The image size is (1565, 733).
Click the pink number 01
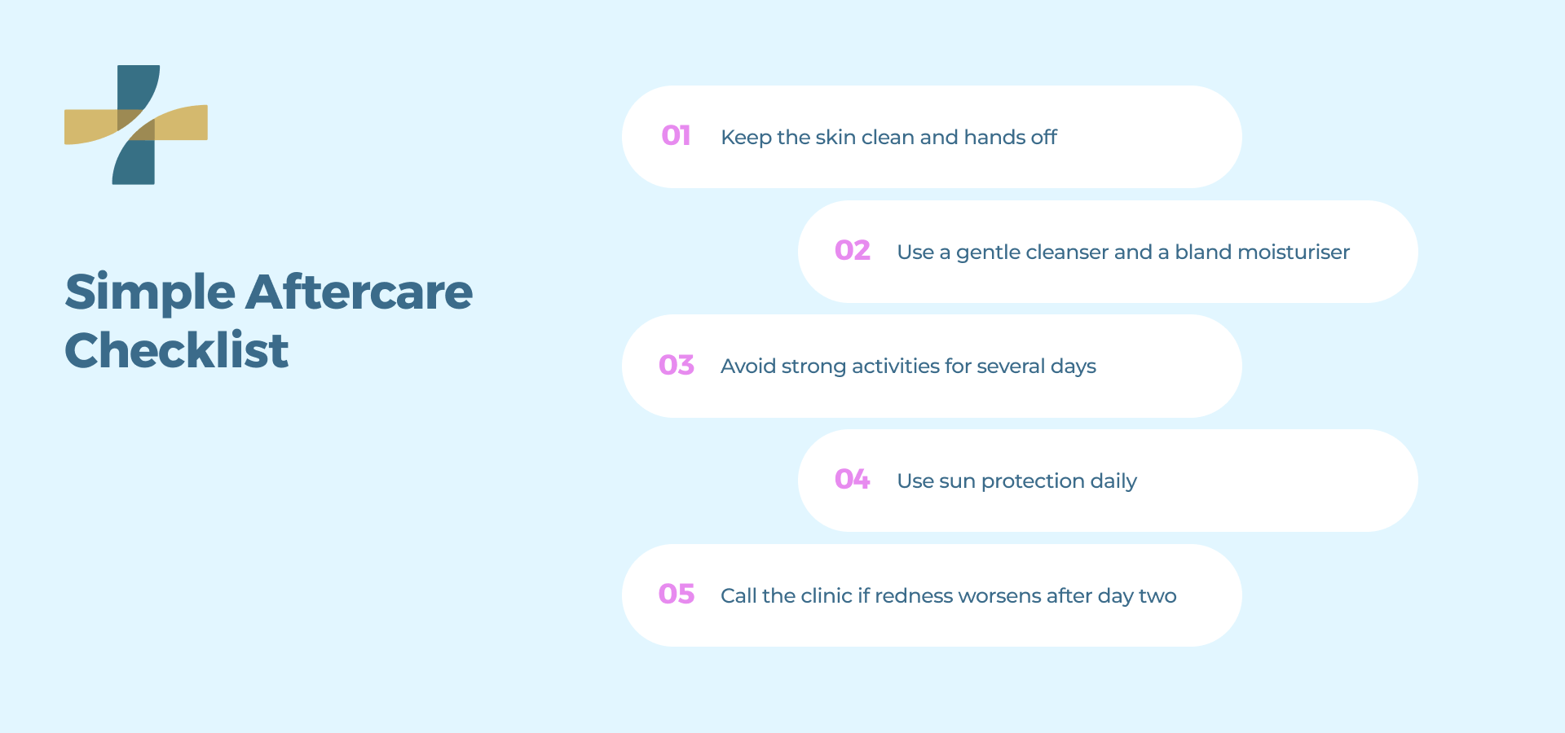[676, 135]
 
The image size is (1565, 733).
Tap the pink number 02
[852, 250]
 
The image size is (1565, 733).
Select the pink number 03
[676, 365]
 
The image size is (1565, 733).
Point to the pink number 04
[852, 479]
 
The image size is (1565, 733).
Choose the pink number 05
[676, 594]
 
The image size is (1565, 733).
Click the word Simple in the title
[150, 293]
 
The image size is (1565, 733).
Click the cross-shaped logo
[136, 125]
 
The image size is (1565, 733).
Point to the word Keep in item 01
[745, 138]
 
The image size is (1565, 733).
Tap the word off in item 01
[1043, 137]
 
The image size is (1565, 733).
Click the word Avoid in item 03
[747, 366]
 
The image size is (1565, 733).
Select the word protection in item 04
[1033, 481]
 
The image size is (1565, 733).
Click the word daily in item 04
[1113, 481]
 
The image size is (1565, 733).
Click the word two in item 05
[1157, 596]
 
